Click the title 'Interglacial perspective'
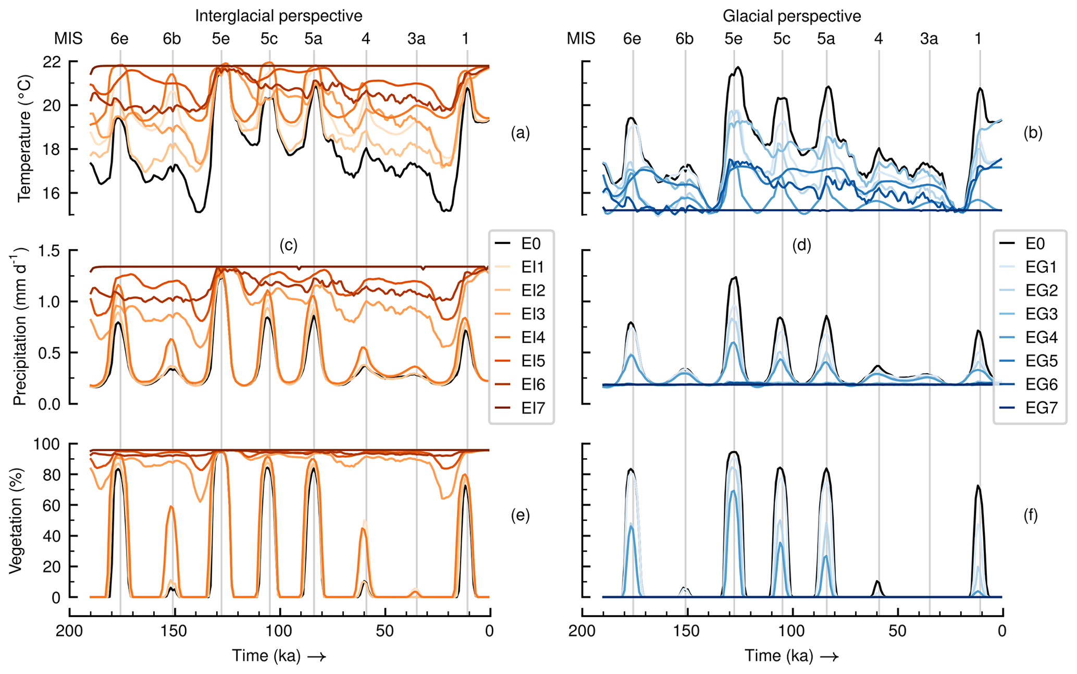[x=278, y=16]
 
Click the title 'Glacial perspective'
[x=791, y=16]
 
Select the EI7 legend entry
[x=533, y=409]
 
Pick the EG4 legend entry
[x=1041, y=338]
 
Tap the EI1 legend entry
[x=533, y=267]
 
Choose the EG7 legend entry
[x=1041, y=409]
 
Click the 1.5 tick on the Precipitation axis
[x=49, y=251]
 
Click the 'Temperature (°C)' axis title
[x=24, y=138]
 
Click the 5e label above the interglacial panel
[x=221, y=39]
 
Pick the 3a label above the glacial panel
[x=929, y=39]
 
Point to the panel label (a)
[x=520, y=133]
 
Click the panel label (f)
[x=1030, y=516]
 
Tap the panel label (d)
[x=801, y=245]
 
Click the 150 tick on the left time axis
[x=173, y=631]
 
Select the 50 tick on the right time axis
[x=897, y=631]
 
